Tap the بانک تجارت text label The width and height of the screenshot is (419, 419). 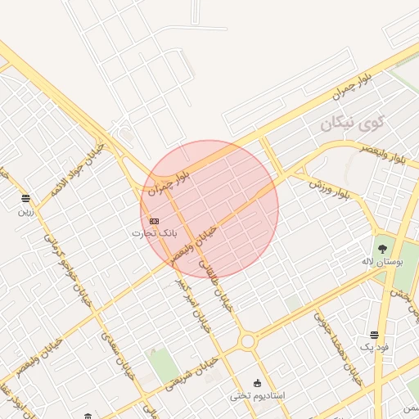(154, 233)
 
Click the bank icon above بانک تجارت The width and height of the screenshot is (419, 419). (155, 221)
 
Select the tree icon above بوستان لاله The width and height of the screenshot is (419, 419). (382, 247)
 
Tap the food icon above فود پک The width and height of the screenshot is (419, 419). (374, 335)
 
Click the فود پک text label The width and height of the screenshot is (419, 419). (373, 348)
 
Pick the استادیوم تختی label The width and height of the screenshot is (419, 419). (257, 395)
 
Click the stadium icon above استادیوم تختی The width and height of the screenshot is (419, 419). (258, 383)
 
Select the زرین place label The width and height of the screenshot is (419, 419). (25, 211)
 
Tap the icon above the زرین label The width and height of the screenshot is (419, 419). (25, 199)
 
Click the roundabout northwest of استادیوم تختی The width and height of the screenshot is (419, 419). (247, 341)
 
